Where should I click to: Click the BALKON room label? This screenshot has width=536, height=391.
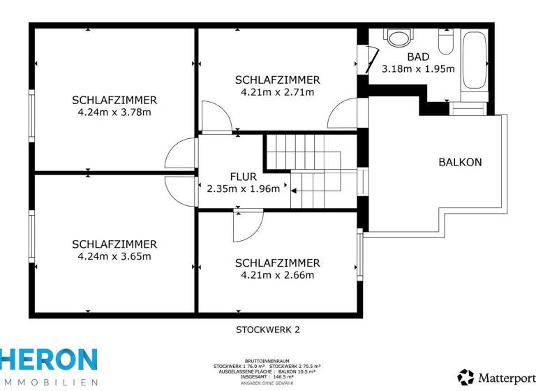tap(460, 162)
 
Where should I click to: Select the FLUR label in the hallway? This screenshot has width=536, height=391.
tap(244, 176)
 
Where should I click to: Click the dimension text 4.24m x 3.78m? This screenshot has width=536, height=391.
tap(114, 112)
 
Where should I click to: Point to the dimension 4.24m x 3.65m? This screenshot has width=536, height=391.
tap(114, 256)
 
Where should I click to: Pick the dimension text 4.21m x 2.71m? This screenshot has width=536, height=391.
tap(277, 91)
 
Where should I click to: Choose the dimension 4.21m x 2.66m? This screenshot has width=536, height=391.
tap(277, 274)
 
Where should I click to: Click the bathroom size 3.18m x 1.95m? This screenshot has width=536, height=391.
tap(418, 68)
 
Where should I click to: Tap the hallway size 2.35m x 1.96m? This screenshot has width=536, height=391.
tap(244, 189)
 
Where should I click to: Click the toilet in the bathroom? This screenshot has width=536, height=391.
tap(399, 36)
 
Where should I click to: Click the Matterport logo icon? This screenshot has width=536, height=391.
tap(466, 377)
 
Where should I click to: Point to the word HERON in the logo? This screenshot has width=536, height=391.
tap(49, 360)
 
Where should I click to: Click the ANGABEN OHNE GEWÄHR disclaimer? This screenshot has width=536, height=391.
tap(267, 383)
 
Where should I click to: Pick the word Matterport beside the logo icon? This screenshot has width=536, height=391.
tap(506, 378)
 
